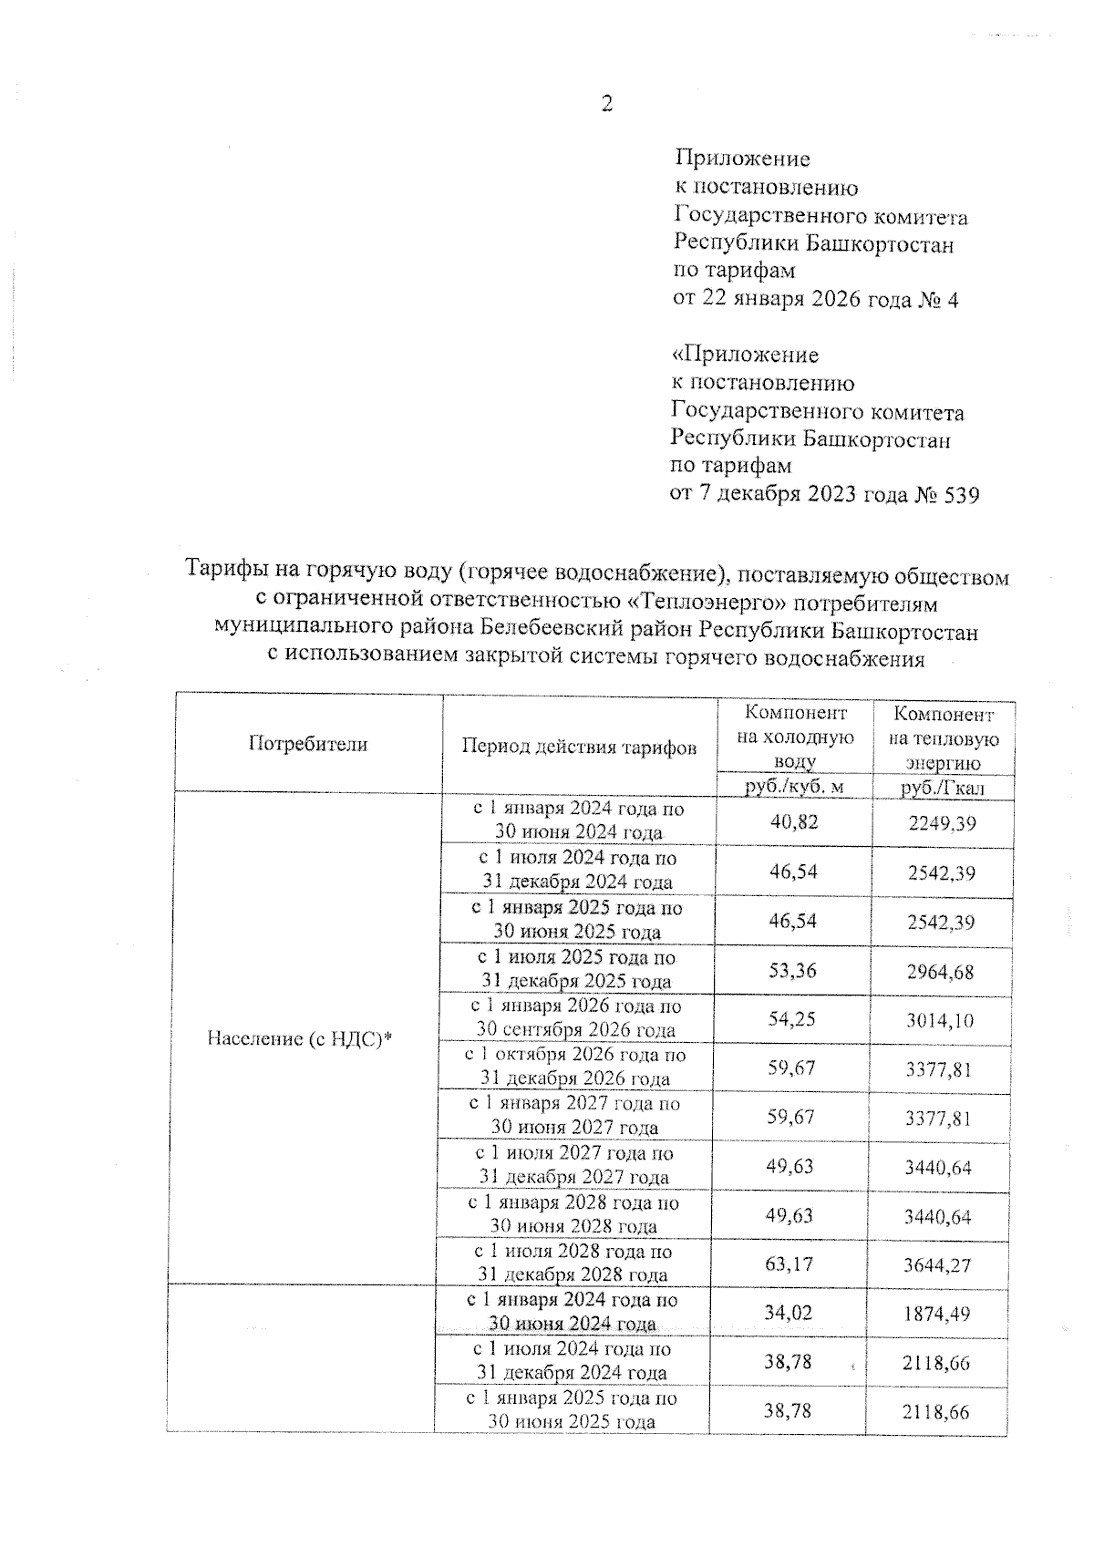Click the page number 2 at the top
[x=607, y=104]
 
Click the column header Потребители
[x=308, y=744]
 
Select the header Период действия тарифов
[x=579, y=748]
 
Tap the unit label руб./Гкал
[x=943, y=789]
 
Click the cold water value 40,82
[x=794, y=822]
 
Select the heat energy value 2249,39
[x=942, y=824]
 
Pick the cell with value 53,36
[x=792, y=969]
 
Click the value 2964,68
[x=941, y=972]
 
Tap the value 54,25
[x=792, y=1018]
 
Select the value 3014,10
[x=940, y=1020]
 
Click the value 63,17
[x=790, y=1264]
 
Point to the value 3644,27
[x=938, y=1266]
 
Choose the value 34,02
[x=790, y=1314]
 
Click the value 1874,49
[x=937, y=1315]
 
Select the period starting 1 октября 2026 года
[x=576, y=1067]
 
